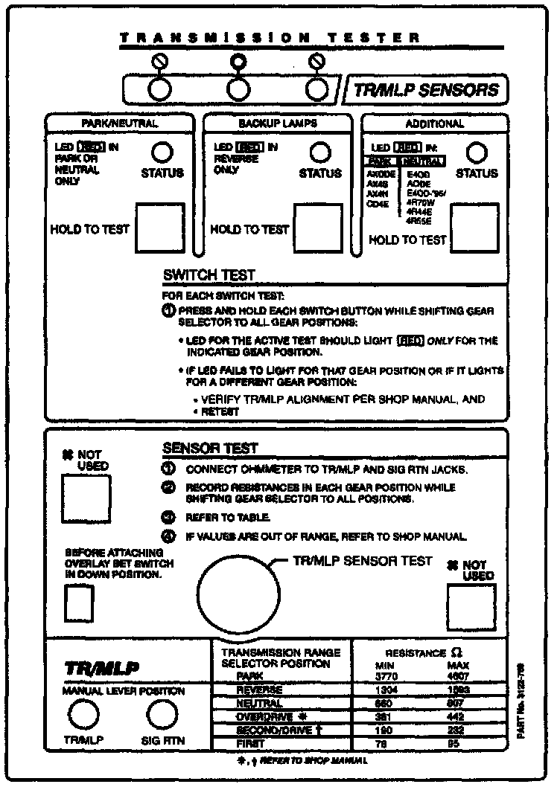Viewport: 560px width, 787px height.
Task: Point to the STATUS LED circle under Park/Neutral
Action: pos(162,152)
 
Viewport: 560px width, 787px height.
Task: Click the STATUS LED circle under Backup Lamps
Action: pos(320,152)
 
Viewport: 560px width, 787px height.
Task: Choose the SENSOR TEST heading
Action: pos(209,449)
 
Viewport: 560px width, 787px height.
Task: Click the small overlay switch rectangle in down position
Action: pos(74,603)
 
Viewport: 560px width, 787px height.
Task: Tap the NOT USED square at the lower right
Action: pos(471,608)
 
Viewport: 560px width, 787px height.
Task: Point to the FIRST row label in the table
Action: pos(250,743)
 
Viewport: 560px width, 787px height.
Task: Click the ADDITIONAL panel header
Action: pos(434,123)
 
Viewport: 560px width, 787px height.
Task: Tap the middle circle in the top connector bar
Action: pos(238,89)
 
